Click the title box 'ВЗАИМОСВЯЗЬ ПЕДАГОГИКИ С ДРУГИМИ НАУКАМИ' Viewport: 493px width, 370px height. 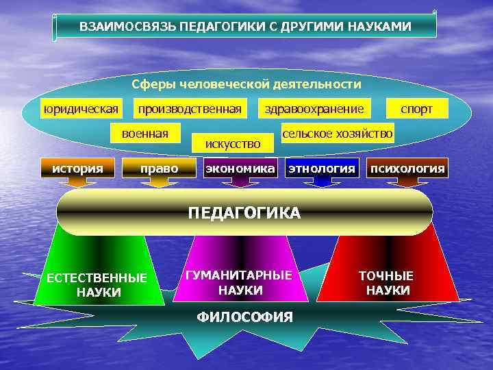[245, 27]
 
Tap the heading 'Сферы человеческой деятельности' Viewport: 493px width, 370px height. [246, 84]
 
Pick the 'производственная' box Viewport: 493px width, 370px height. [190, 108]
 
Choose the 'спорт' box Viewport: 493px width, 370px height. [417, 108]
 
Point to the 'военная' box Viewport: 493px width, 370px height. [145, 132]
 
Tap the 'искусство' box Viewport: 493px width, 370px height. [233, 143]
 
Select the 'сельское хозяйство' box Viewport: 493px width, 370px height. [338, 133]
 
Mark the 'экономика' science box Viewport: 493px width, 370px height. [240, 168]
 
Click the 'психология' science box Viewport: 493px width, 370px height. [407, 168]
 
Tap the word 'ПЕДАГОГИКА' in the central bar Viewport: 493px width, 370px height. [244, 213]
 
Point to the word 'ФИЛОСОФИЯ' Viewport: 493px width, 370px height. [244, 317]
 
